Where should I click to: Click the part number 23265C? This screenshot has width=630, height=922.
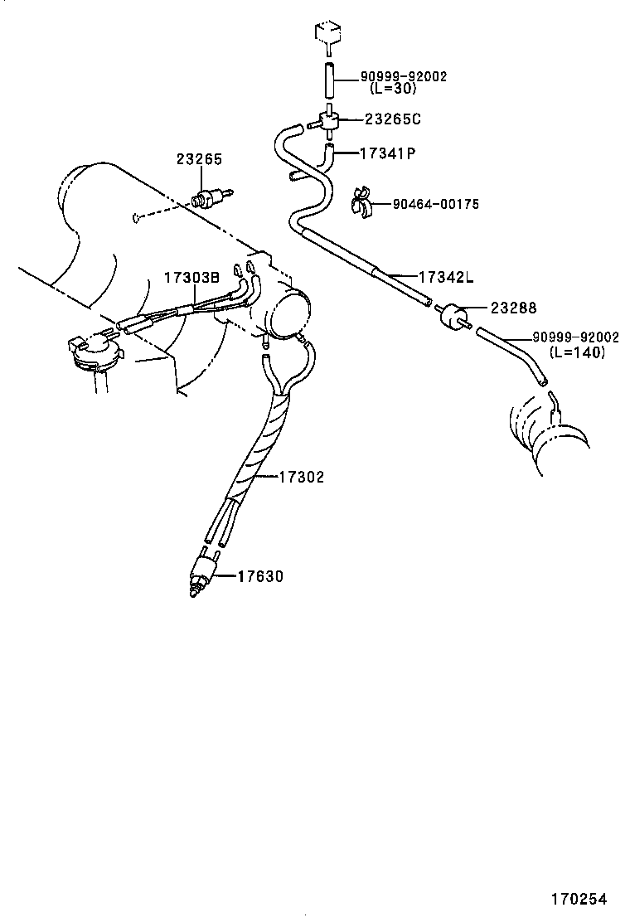click(392, 119)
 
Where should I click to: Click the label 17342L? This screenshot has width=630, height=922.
click(446, 276)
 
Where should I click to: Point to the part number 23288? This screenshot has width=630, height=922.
click(513, 308)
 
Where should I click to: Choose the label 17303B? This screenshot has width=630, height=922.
click(191, 278)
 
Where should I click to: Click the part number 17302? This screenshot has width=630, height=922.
click(301, 477)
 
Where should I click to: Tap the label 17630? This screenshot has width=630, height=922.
click(260, 575)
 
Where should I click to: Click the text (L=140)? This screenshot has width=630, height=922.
click(577, 352)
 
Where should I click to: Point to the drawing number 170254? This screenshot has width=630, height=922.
click(579, 899)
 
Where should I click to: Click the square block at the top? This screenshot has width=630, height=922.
click(328, 35)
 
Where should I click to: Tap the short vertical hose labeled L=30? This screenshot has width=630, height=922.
click(328, 78)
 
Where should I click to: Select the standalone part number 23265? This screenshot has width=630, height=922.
click(200, 158)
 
